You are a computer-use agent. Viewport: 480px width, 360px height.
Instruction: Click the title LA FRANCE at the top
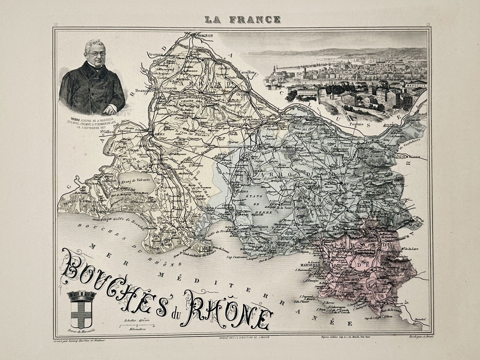(242, 20)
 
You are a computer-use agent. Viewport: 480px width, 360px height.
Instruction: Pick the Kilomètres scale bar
(136, 325)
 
